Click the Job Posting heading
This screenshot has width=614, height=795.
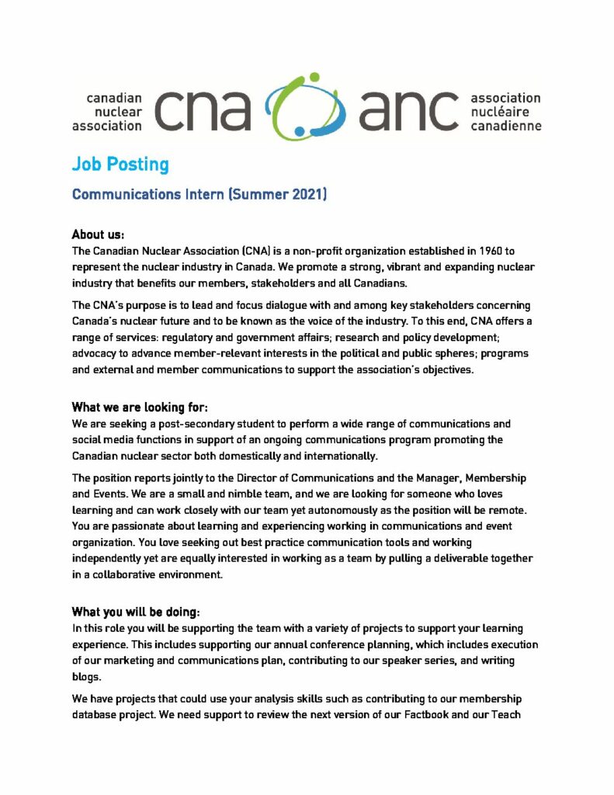120,164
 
